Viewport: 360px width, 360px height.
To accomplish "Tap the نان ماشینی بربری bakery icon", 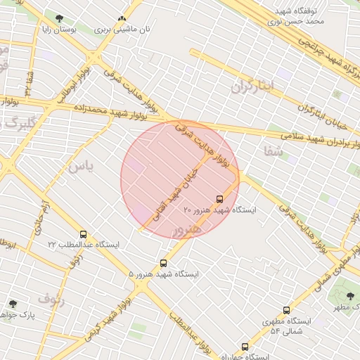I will tap(122, 19).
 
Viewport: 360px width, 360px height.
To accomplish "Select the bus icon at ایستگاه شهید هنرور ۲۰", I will tap(220, 198).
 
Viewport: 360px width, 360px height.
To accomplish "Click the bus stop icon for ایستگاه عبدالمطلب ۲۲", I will tap(84, 234).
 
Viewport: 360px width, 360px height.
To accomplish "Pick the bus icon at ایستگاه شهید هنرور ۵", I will tap(164, 262).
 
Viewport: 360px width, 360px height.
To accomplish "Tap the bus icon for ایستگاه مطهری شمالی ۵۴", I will tap(286, 310).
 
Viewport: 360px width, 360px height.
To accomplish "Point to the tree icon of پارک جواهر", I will tap(13, 304).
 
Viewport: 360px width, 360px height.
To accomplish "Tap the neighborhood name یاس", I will tap(80, 167).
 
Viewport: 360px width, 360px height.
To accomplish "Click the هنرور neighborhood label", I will tap(187, 230).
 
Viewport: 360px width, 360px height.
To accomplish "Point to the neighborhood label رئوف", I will tap(51, 300).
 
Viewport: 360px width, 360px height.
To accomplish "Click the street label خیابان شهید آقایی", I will tap(179, 179).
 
